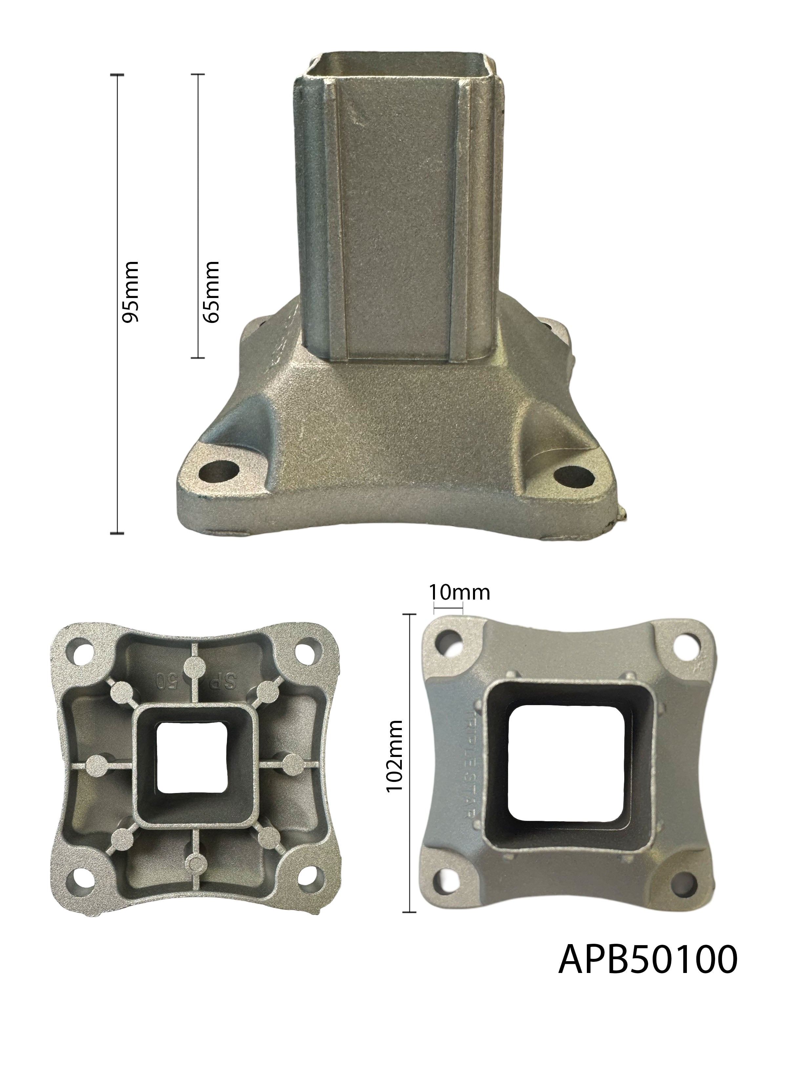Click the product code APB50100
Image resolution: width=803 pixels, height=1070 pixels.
tap(648, 960)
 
